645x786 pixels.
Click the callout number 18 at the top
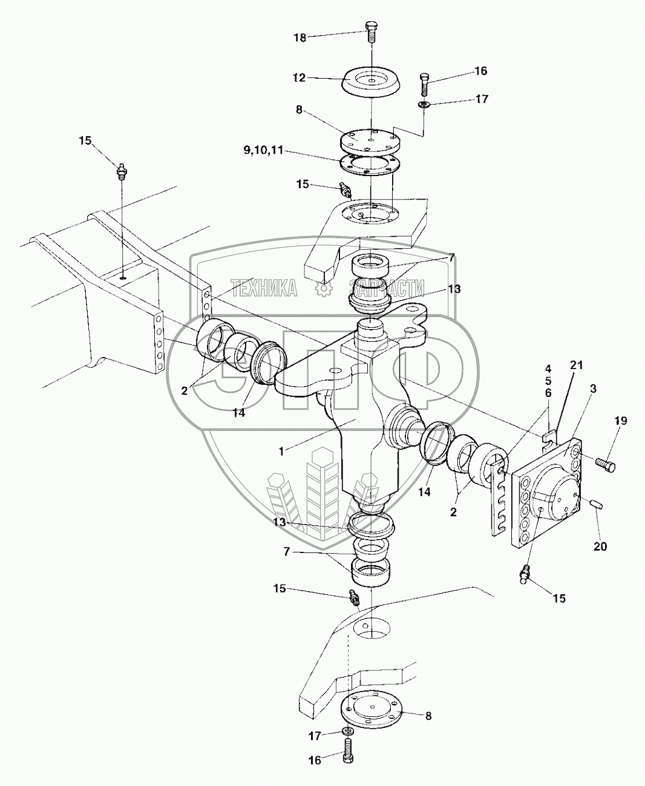click(300, 38)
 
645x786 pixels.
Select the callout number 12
click(299, 78)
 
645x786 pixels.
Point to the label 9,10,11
click(263, 151)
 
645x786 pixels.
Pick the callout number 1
click(282, 452)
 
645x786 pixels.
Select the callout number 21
click(576, 365)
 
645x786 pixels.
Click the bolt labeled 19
click(605, 464)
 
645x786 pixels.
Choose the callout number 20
click(600, 547)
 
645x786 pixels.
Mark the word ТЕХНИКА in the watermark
click(264, 288)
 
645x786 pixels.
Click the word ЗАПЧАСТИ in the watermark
click(387, 288)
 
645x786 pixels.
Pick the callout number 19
click(621, 421)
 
